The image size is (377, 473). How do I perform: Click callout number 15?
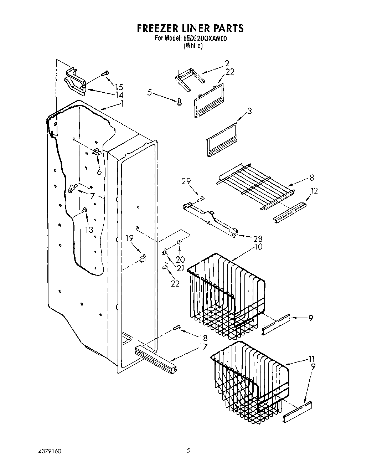(119, 87)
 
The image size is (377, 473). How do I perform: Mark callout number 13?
(89, 230)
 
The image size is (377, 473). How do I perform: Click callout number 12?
(314, 191)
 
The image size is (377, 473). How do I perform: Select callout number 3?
(249, 111)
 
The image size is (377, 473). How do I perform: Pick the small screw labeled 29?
(202, 198)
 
